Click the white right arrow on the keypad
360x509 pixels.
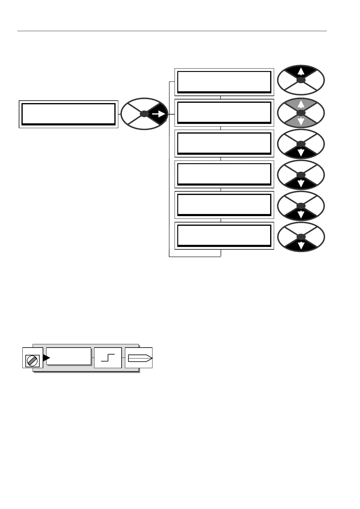coord(159,114)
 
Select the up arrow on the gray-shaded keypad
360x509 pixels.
coord(301,104)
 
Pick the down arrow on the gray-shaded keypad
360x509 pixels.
coord(301,122)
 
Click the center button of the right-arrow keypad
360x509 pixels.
coord(145,114)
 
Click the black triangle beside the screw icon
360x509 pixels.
coord(46,358)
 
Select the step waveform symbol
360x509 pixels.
coord(108,358)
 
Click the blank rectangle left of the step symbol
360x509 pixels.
coord(69,356)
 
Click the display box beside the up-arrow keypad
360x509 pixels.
coord(224,82)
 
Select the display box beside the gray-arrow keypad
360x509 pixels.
coord(224,113)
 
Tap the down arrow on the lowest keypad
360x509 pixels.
coord(301,245)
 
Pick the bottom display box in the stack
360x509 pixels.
coord(224,236)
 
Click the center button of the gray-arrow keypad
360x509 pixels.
coord(301,113)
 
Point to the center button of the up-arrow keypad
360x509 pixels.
coord(301,80)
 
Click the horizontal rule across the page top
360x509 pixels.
coord(172,31)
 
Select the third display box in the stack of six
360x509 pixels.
coord(224,144)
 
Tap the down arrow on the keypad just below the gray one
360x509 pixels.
coord(301,153)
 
